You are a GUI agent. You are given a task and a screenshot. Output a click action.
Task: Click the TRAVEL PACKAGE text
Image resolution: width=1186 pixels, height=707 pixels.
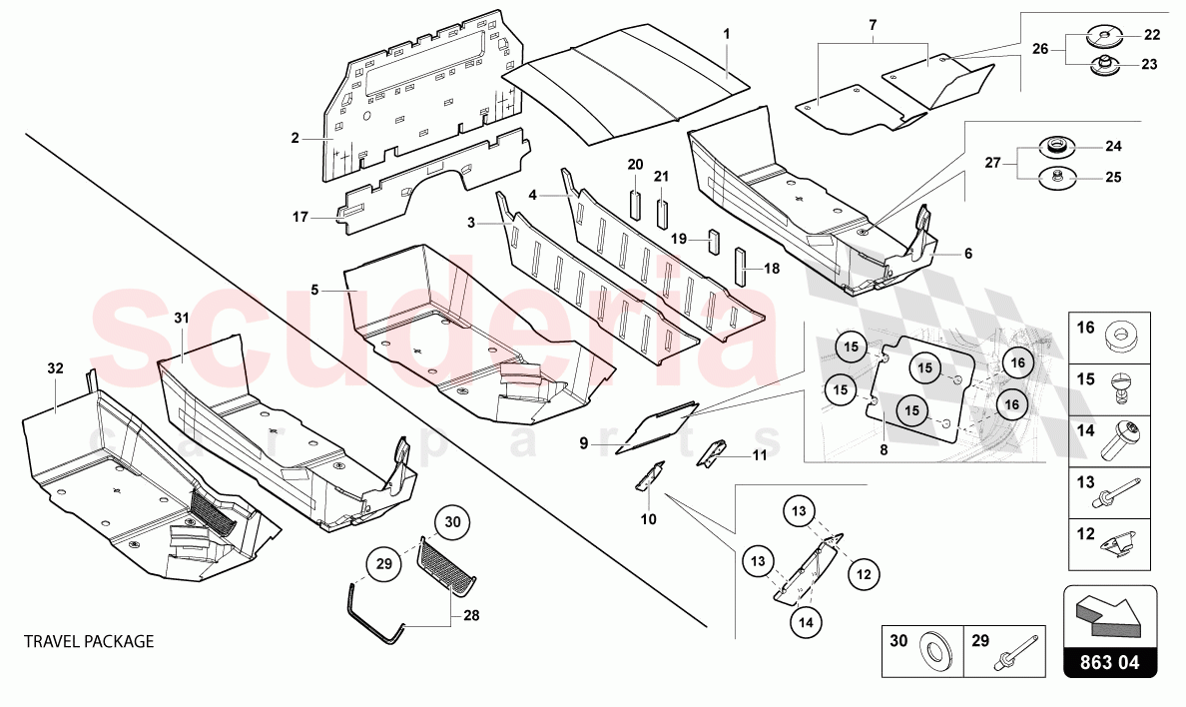click(x=90, y=641)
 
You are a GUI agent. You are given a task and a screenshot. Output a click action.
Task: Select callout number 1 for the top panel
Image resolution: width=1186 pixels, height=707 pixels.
click(x=727, y=34)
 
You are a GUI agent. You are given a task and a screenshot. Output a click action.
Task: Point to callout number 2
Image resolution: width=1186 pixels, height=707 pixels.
click(x=295, y=139)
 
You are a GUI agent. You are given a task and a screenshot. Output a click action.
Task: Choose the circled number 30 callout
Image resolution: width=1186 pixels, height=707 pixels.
click(x=452, y=521)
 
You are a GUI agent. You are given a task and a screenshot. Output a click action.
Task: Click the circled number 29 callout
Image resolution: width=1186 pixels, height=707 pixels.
click(x=384, y=564)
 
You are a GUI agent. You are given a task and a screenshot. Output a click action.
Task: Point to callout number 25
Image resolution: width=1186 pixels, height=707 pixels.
click(x=1113, y=178)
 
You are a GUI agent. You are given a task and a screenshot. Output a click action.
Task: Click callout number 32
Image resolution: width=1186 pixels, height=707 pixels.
click(x=55, y=368)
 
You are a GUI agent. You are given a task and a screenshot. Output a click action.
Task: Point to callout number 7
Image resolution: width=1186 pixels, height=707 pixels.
click(x=872, y=24)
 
